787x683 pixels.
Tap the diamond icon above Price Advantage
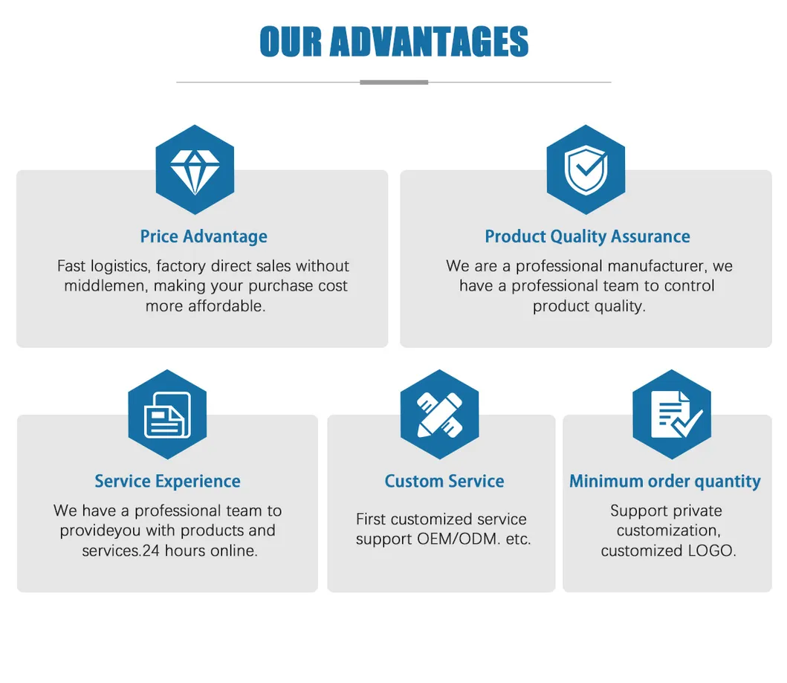tap(195, 169)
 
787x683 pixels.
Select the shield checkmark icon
tap(586, 169)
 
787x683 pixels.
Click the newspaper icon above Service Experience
tap(167, 414)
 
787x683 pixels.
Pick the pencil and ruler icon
tap(439, 414)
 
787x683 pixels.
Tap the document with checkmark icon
tap(672, 414)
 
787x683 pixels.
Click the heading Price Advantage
tap(204, 236)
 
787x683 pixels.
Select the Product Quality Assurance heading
tap(587, 236)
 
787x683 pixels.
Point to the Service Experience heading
tap(167, 481)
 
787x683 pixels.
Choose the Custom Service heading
tap(444, 481)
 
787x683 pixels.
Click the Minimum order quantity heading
tap(665, 481)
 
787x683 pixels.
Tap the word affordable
tap(226, 306)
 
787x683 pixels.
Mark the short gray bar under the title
tap(394, 82)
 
